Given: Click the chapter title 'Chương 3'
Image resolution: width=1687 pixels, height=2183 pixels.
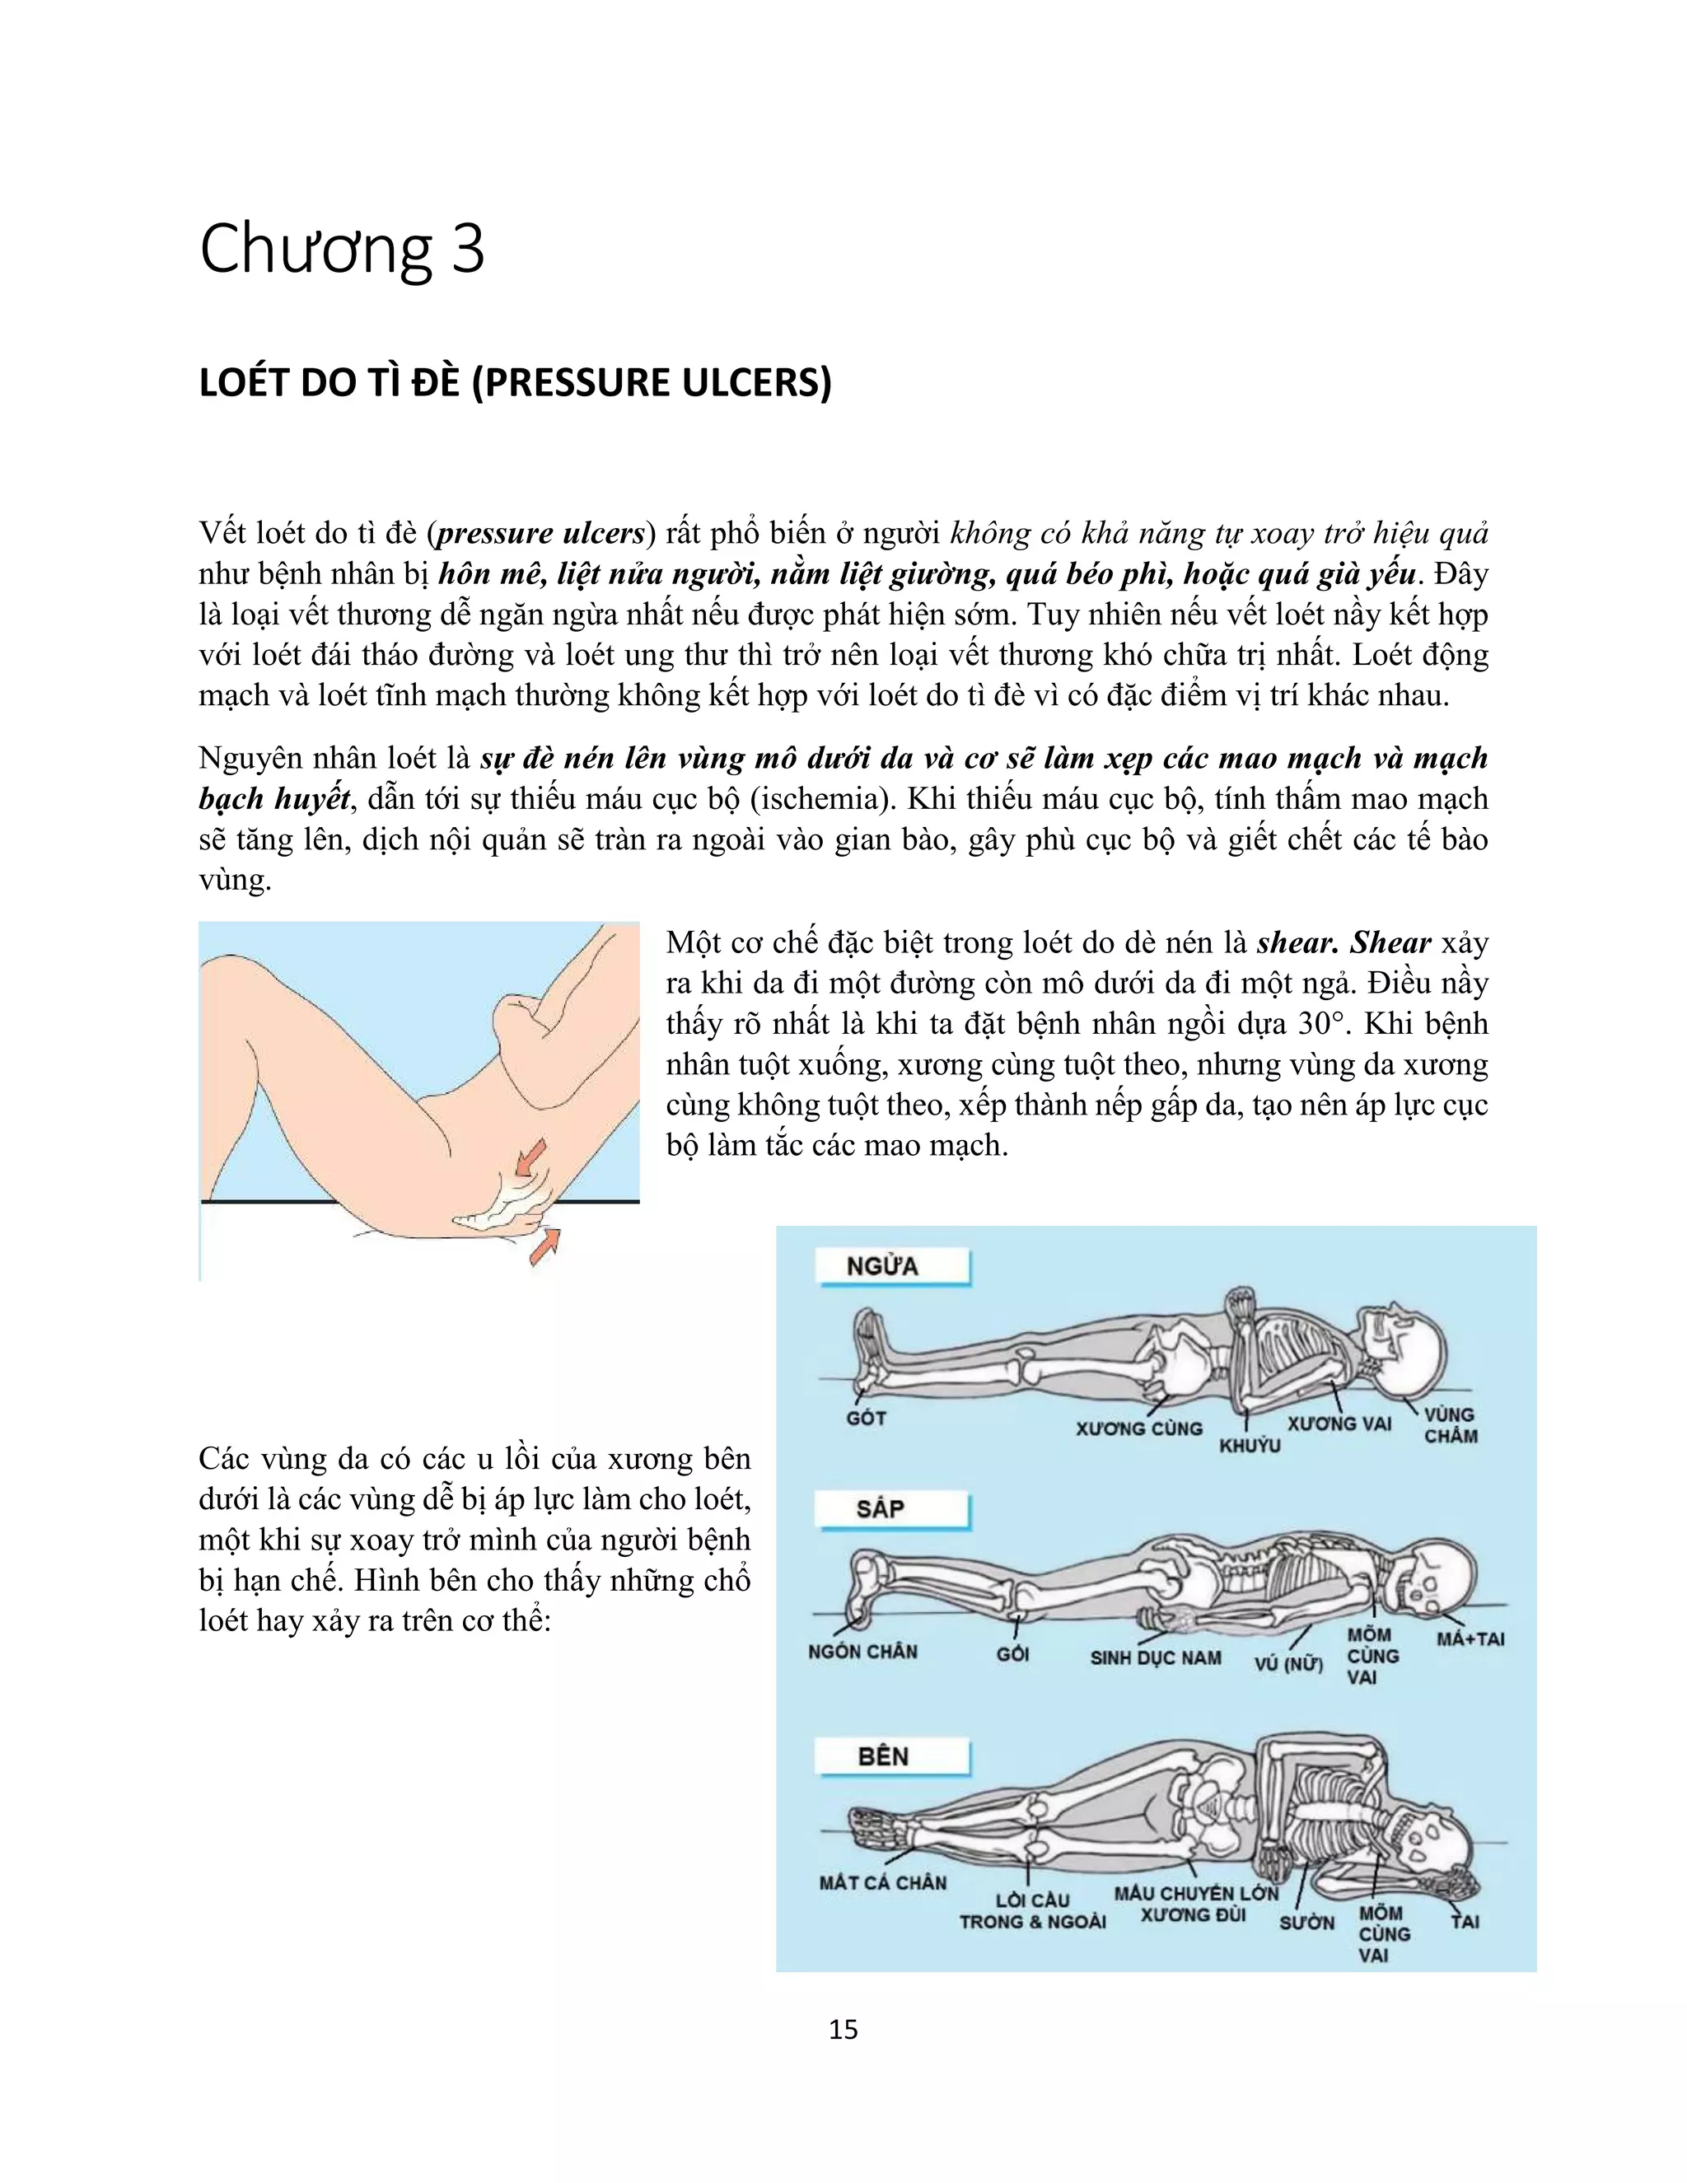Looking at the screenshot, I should [x=342, y=250].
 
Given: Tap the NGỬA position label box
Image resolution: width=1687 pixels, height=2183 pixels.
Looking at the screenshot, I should [x=892, y=1266].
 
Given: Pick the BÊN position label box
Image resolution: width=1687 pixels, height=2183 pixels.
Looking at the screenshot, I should [x=891, y=1756].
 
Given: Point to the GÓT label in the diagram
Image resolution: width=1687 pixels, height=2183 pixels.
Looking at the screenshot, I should [x=866, y=1418].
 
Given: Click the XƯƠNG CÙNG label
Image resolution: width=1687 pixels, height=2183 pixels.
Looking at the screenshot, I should [x=1138, y=1428].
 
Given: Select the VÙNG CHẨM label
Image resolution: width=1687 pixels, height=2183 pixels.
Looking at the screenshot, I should [x=1450, y=1424].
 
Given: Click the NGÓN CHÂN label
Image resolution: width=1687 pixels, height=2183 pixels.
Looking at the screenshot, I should [x=862, y=1651].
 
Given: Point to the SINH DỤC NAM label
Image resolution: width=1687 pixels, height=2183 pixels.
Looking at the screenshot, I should [x=1156, y=1657].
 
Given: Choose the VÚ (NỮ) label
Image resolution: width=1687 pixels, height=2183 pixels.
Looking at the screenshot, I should [x=1288, y=1663].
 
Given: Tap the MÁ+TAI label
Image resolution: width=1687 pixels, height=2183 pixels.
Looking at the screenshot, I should [x=1470, y=1638].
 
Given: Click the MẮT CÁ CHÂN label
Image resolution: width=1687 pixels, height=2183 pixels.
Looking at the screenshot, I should [x=882, y=1882].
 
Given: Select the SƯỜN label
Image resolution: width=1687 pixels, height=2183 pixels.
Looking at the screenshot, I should [x=1306, y=1921].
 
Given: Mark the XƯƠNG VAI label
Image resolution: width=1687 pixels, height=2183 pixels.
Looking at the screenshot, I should [x=1339, y=1423].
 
